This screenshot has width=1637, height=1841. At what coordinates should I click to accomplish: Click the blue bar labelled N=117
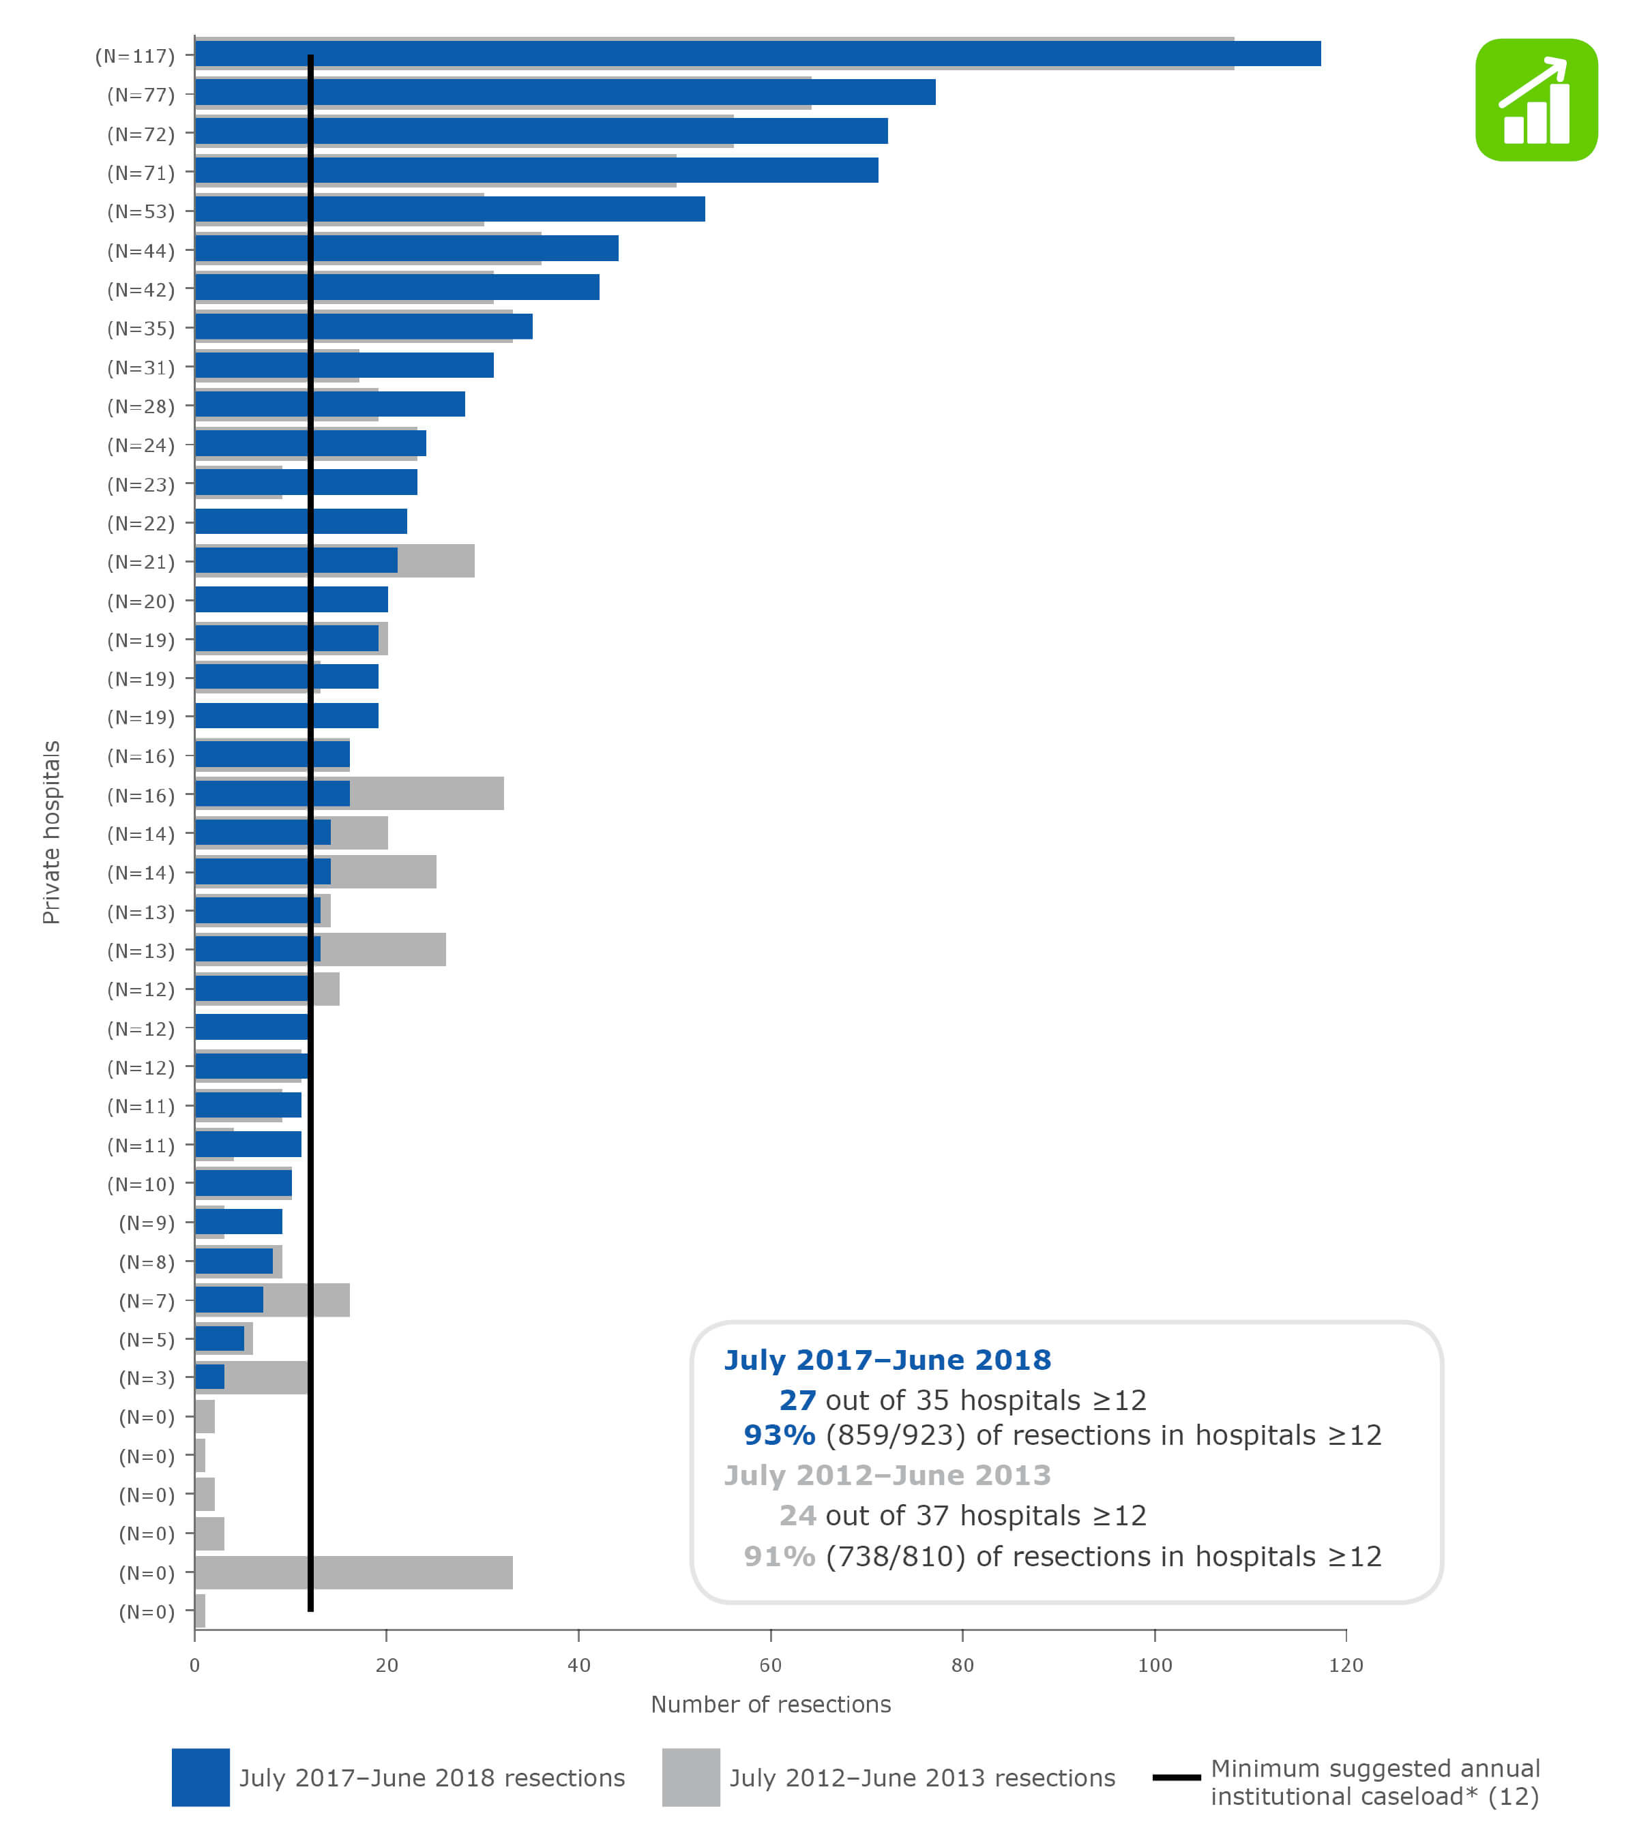757,54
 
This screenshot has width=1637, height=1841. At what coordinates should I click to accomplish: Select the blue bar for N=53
450,209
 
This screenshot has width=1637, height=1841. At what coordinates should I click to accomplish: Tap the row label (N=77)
141,95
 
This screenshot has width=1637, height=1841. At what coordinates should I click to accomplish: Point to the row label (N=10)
141,1184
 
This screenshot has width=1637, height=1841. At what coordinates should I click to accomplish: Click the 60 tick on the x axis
770,1665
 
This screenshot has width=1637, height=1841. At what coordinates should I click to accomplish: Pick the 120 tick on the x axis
1346,1665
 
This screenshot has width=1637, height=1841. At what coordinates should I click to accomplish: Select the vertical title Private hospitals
51,833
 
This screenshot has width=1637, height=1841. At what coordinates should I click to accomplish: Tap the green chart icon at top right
1536,100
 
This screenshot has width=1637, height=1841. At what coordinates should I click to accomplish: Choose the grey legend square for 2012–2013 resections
690,1777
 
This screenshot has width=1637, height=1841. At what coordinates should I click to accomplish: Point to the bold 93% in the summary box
780,1435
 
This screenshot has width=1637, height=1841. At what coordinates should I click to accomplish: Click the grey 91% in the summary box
780,1557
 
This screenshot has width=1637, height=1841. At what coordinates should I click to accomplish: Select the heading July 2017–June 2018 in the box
887,1360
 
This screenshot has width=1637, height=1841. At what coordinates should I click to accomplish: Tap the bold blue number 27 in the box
797,1401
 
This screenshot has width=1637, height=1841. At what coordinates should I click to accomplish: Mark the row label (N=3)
146,1378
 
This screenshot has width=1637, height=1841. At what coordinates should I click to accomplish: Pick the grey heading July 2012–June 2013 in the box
887,1476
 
